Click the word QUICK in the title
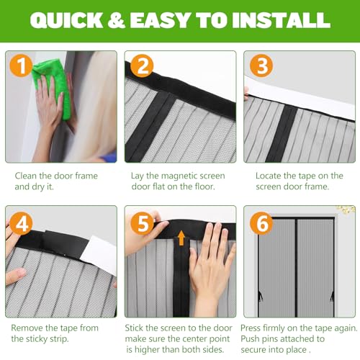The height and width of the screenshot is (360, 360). tap(63, 22)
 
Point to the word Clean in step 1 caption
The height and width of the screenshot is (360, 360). tap(27, 175)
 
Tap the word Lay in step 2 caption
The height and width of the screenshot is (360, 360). tap(139, 175)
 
